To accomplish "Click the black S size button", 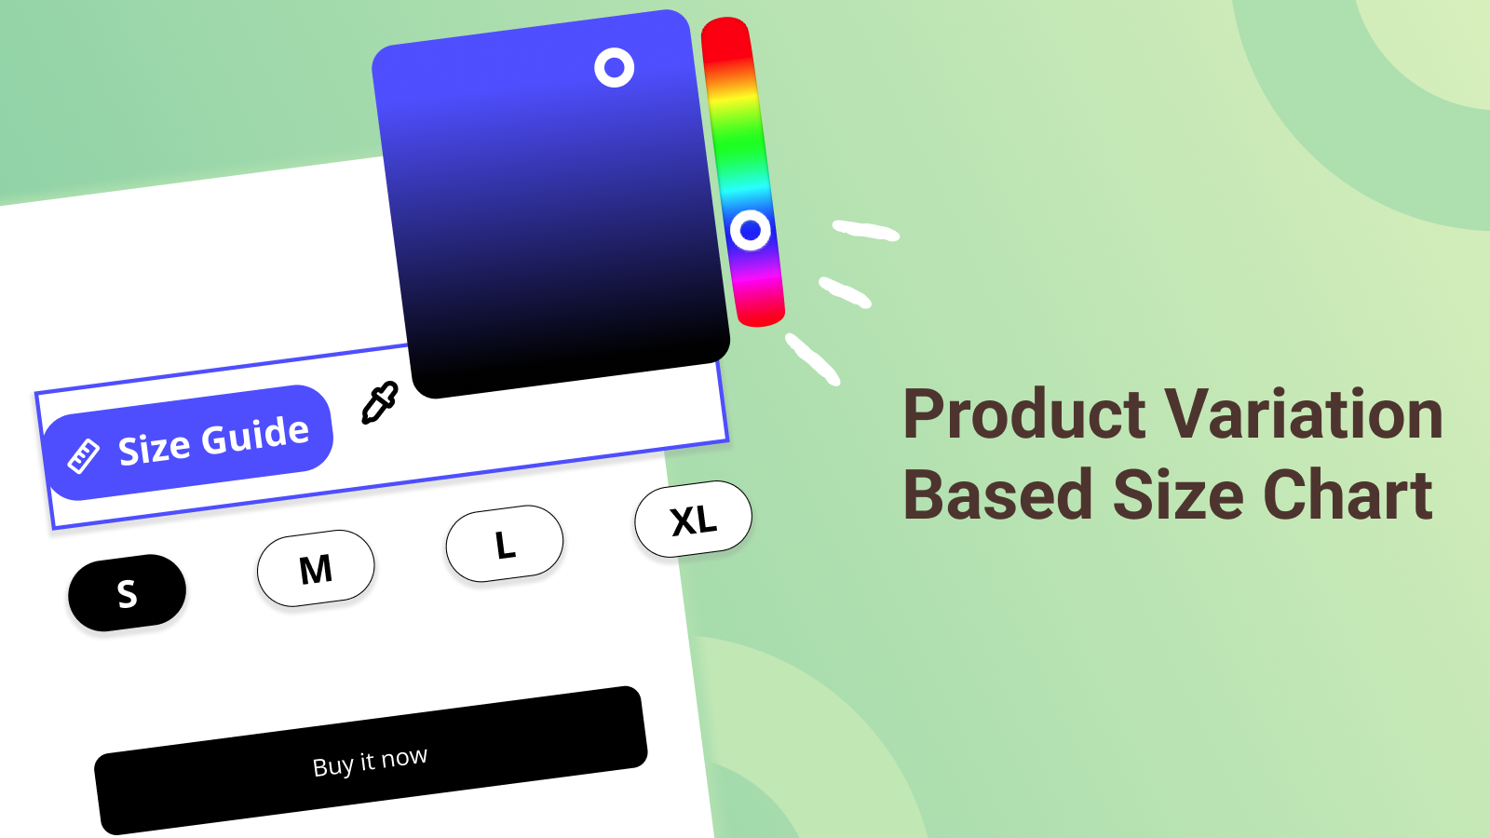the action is [127, 592].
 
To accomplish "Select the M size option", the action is [316, 568].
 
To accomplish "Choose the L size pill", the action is [505, 544].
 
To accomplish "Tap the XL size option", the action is [694, 519].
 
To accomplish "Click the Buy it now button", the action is [371, 761].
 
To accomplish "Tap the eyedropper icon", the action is [379, 402].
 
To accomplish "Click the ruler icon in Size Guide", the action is [84, 456].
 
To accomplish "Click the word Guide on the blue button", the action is [255, 438].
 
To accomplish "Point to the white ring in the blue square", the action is [614, 67].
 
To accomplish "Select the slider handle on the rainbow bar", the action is [751, 230].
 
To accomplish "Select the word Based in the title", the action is [997, 494].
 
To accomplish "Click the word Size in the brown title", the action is [1178, 494].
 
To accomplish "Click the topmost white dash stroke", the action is [866, 230].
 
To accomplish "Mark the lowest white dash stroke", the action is [812, 359].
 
